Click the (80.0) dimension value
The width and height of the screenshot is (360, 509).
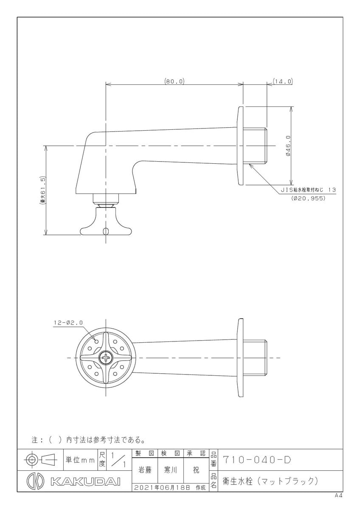(174, 81)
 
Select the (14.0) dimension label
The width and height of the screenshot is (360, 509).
(282, 81)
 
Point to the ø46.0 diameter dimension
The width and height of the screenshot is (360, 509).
(288, 145)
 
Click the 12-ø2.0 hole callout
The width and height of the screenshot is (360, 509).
(69, 322)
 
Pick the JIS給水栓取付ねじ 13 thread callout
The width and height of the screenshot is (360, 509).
(308, 190)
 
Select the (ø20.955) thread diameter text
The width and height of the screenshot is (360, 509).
(308, 198)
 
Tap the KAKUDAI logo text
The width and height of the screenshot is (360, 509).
(85, 482)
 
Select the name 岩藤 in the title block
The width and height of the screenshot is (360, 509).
(145, 470)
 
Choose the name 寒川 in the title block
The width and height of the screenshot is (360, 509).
(170, 470)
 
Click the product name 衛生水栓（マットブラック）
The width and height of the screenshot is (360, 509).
(270, 481)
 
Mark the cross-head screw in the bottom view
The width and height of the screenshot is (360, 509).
(106, 358)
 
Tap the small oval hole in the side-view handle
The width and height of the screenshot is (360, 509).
(106, 231)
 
